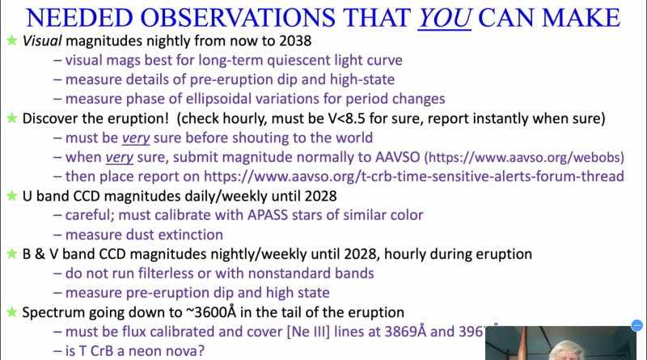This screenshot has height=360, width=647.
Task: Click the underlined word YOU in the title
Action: pyautogui.click(x=442, y=17)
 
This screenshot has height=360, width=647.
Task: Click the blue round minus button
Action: pyautogui.click(x=637, y=327)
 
